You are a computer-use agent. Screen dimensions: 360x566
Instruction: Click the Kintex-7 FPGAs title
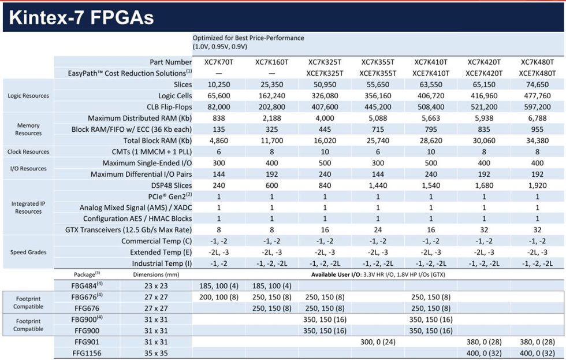coord(82,17)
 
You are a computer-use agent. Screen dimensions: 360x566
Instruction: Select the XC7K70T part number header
coord(218,62)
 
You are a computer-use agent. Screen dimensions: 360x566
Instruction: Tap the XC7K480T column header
coord(537,62)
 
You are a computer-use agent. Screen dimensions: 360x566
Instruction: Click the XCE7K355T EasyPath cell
coord(378,73)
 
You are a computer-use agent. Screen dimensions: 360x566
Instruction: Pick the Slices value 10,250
coord(218,84)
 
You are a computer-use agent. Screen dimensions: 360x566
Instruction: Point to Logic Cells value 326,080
coord(325,95)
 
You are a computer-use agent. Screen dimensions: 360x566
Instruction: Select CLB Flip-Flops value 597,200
coord(537,107)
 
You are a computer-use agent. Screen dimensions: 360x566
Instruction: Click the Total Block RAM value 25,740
coord(378,140)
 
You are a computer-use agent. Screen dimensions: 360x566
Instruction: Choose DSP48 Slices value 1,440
coord(378,185)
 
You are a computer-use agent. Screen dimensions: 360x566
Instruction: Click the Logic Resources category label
coord(28,96)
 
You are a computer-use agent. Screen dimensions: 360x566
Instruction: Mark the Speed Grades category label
coord(28,253)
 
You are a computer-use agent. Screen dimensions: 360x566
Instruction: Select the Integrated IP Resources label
coord(28,207)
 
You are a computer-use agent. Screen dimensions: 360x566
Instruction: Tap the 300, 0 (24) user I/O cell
coord(378,342)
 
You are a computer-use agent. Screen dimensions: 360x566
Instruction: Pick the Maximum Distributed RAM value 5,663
coord(431,118)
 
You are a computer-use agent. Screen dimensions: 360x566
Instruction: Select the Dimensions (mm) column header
coord(151,274)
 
